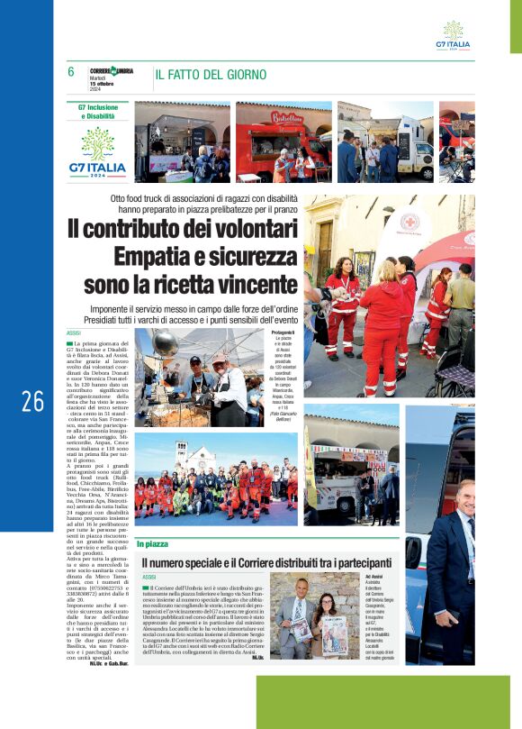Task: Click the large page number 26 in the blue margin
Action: point(33,401)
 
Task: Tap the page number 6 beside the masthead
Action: point(71,72)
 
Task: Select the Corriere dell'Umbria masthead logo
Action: point(112,71)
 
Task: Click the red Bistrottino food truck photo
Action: point(283,141)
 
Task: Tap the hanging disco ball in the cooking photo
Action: point(166,343)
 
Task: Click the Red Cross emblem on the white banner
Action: point(410,220)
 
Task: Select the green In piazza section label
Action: point(152,544)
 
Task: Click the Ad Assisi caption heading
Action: point(374,575)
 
